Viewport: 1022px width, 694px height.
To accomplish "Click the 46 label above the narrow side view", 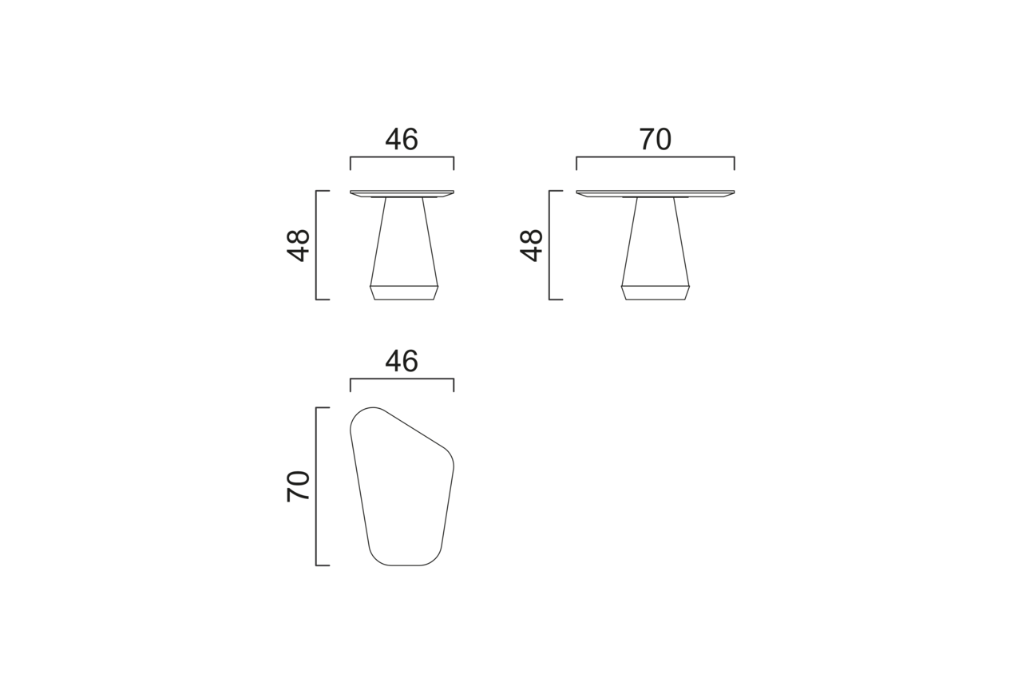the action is tap(402, 139).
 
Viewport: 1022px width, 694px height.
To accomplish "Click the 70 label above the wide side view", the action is tap(656, 139).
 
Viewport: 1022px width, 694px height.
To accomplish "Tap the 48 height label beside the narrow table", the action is tap(298, 245).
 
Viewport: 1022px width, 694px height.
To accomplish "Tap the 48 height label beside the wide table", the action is tap(531, 245).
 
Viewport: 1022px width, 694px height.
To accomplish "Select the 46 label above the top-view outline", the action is tap(402, 361).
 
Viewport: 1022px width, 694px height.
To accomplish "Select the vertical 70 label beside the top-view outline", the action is tap(298, 486).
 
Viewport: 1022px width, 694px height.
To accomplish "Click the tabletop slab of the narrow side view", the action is tap(402, 193).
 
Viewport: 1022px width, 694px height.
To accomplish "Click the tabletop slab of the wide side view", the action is tap(656, 193).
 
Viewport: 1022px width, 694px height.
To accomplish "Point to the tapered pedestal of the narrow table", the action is tap(404, 242).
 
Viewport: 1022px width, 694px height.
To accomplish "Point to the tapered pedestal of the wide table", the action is tap(656, 242).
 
